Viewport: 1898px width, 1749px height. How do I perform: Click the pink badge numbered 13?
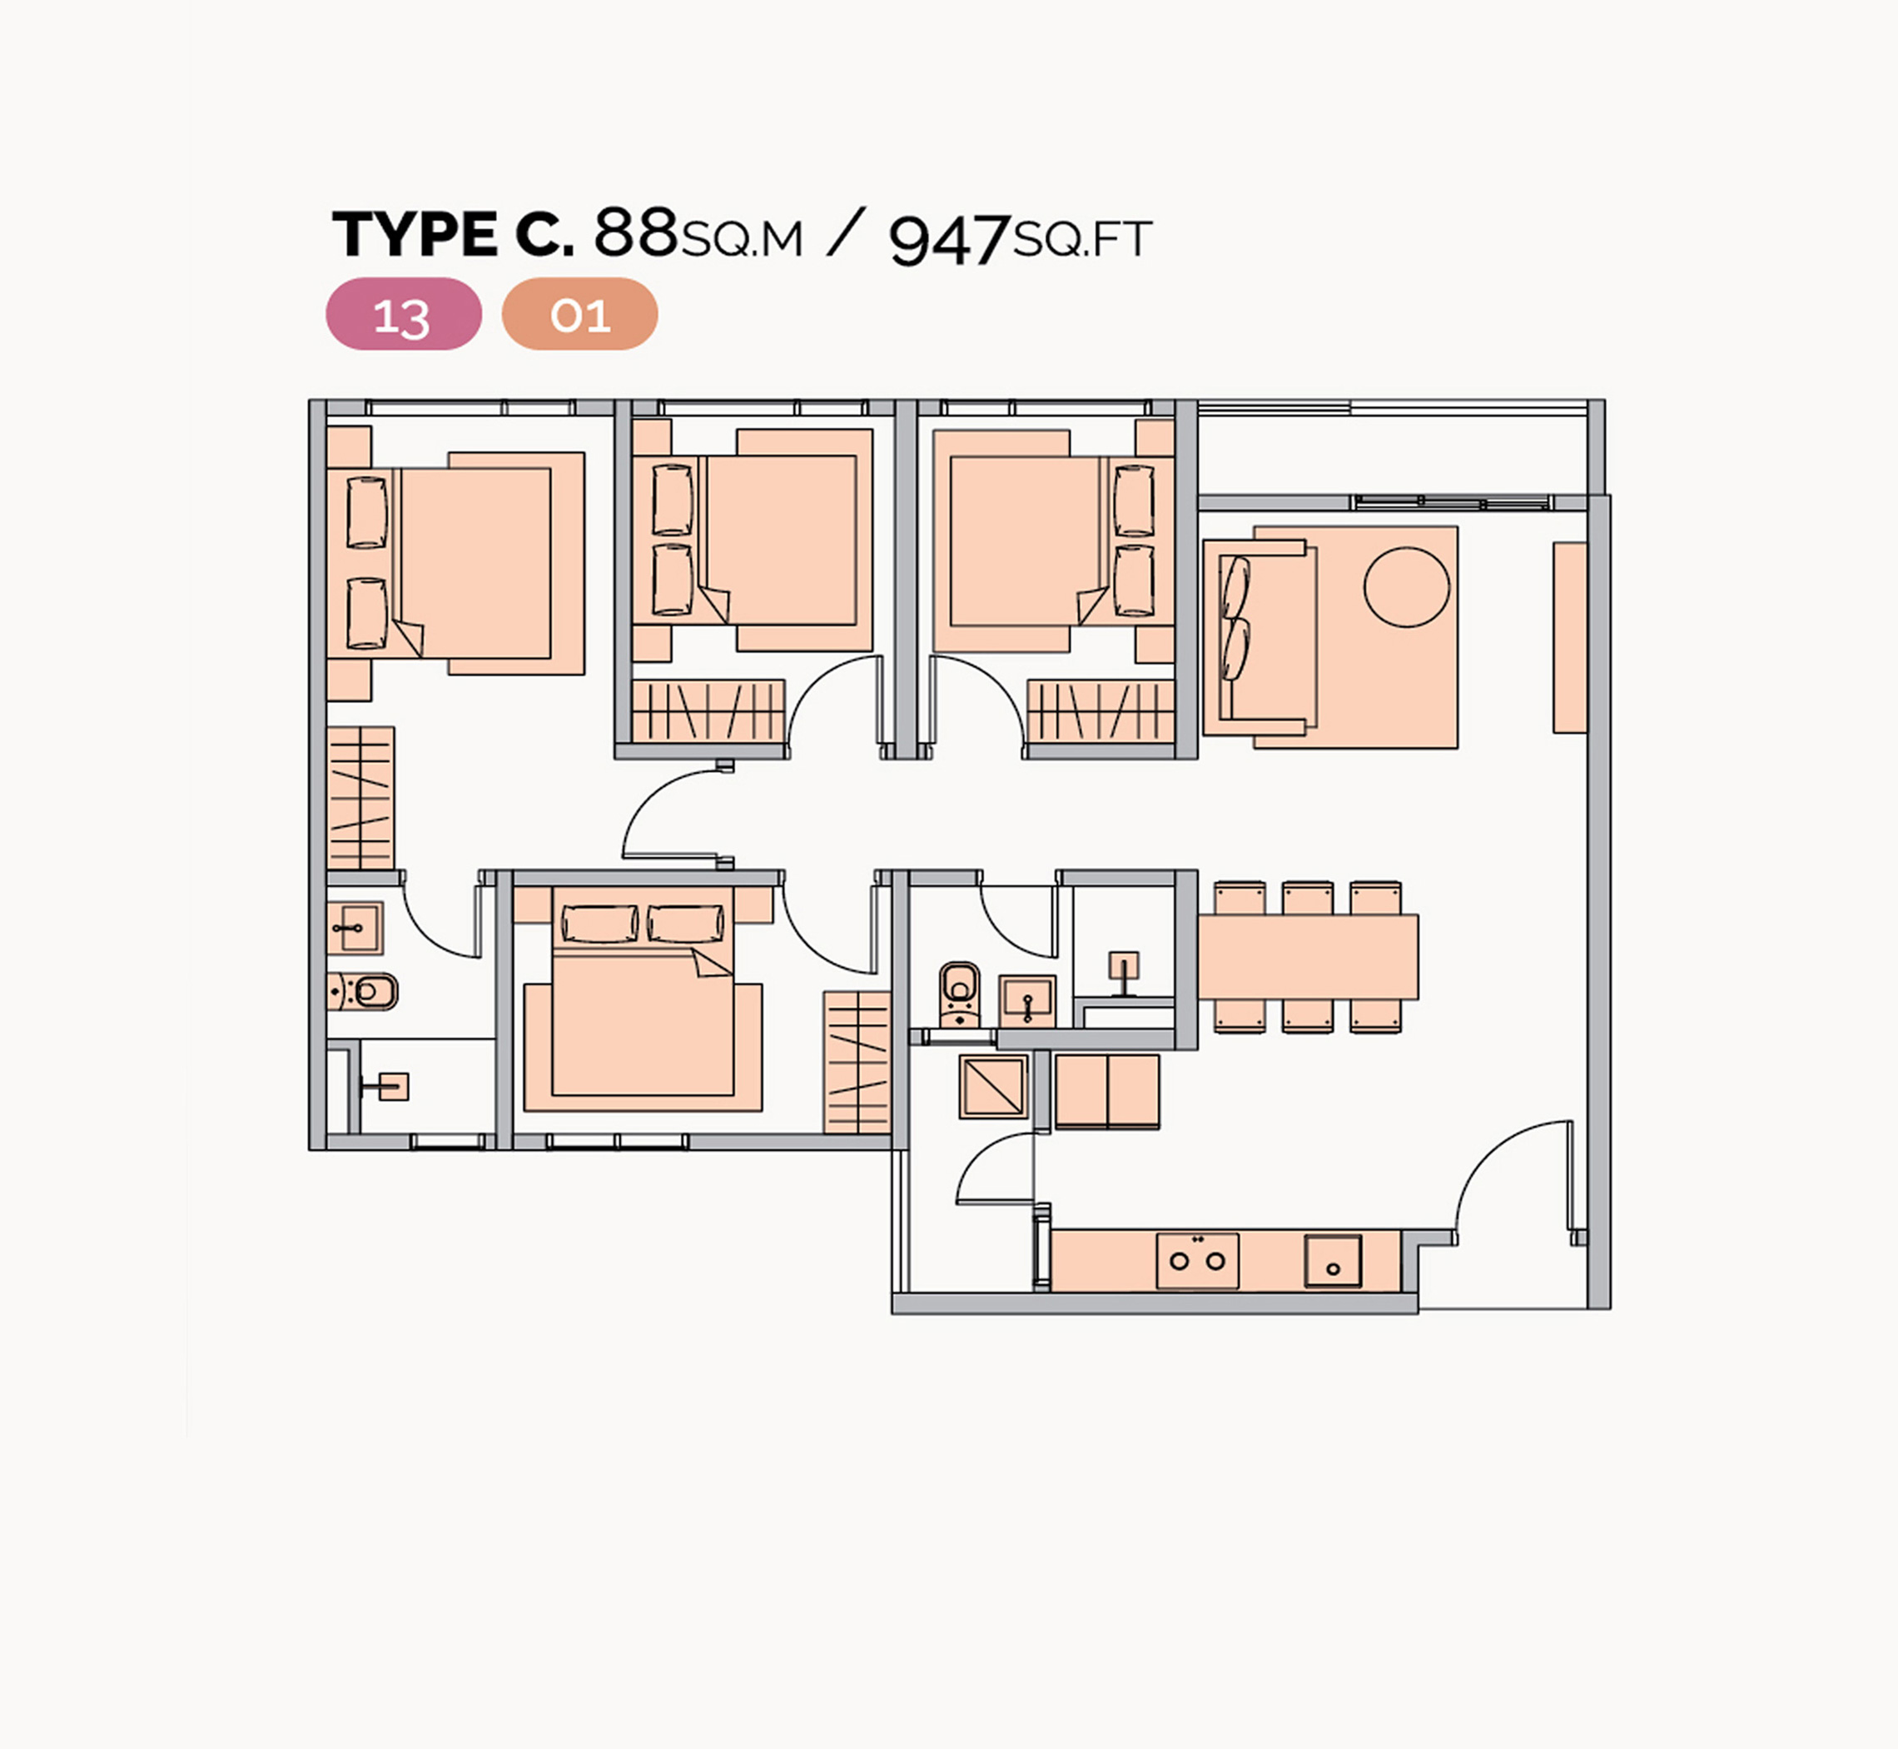(403, 314)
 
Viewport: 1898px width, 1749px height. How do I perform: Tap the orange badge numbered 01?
(579, 314)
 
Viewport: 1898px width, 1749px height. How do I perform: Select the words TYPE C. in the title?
(453, 234)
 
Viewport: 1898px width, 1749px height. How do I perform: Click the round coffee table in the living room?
(1406, 587)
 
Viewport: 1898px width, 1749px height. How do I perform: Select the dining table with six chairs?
(1309, 957)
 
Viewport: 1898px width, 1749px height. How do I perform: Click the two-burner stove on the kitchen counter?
(1197, 1261)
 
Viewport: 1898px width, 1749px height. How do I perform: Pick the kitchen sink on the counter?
(1333, 1262)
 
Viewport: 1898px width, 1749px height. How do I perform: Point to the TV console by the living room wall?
(1570, 637)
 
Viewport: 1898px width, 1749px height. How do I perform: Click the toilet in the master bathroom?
(363, 992)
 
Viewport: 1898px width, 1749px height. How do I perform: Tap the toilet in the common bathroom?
(960, 994)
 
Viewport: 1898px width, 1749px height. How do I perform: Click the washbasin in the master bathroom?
(355, 929)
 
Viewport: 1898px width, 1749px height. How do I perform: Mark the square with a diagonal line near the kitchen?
(992, 1087)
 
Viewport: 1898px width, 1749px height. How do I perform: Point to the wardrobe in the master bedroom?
(360, 798)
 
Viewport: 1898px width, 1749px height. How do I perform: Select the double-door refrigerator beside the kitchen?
(1107, 1091)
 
